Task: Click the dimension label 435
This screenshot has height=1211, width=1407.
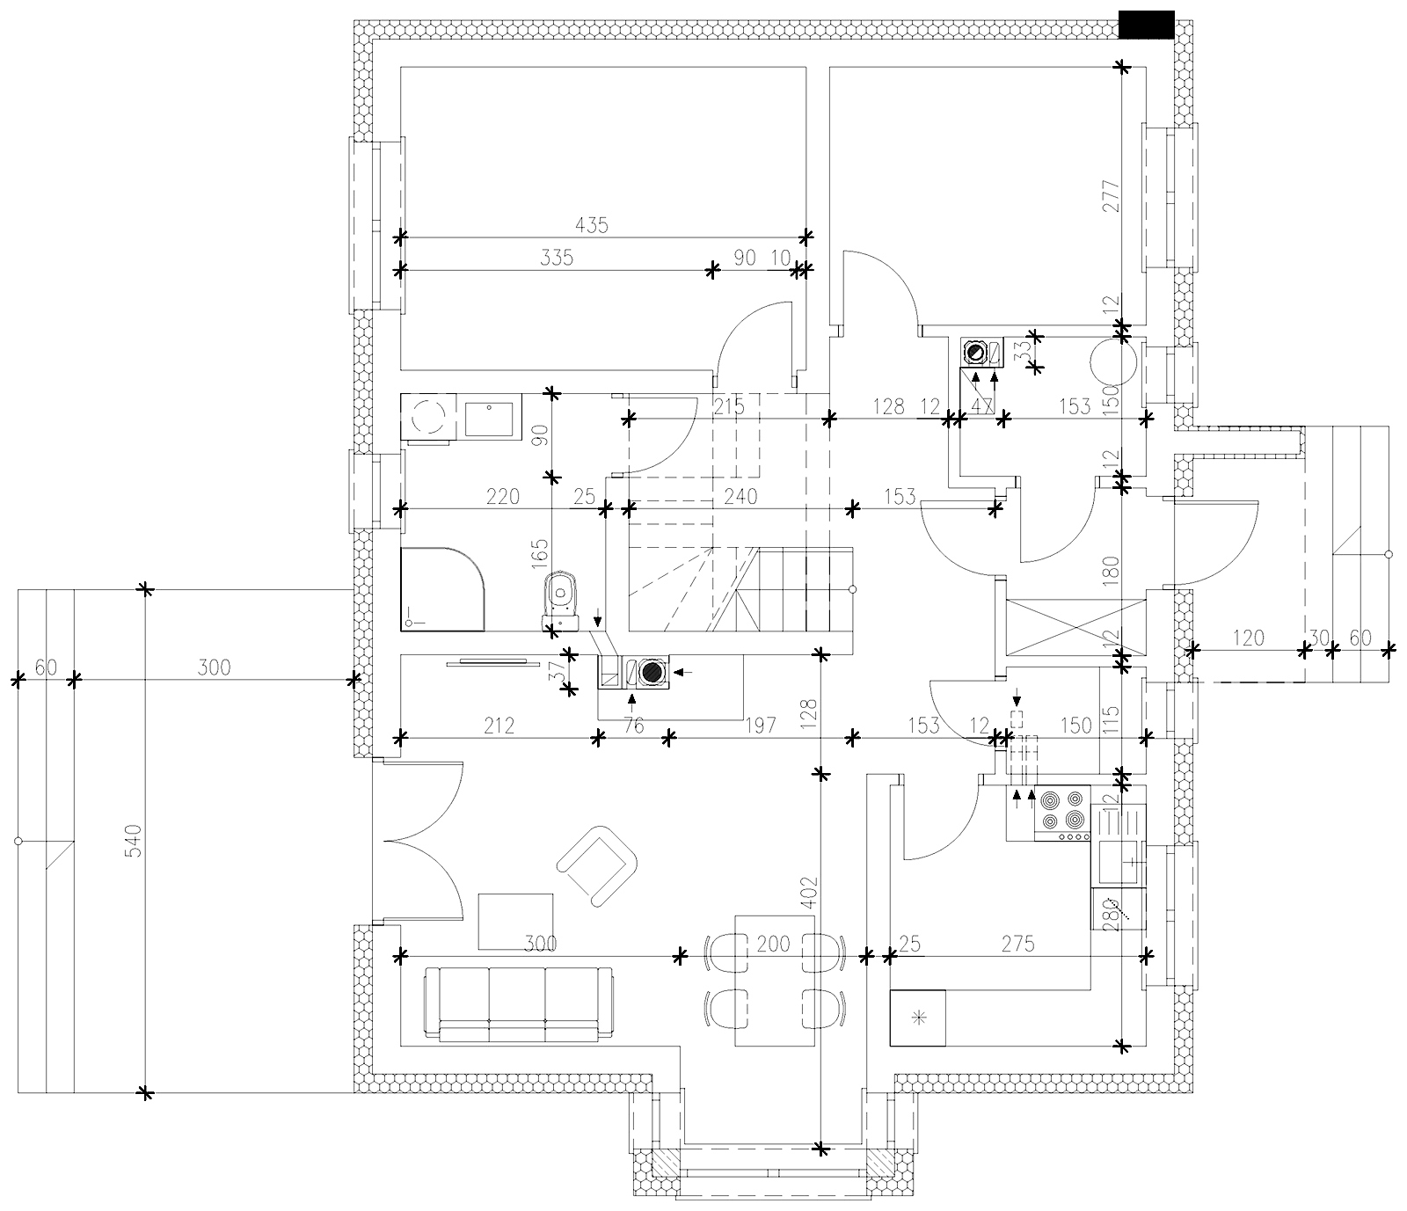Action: pos(592,225)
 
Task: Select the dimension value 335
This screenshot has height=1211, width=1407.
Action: pos(558,258)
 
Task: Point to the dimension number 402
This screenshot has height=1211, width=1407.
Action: pos(810,893)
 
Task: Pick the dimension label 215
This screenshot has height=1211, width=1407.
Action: pos(729,406)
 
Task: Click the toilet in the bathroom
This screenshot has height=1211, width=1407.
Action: pos(560,601)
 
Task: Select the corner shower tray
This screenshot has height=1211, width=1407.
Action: pos(442,588)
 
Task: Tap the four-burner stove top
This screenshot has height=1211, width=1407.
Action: pos(1062,813)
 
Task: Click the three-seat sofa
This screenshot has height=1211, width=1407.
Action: pos(518,1004)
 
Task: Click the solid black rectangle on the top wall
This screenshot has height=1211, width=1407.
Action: pos(1147,25)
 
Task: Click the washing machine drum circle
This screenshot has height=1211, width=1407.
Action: pos(430,416)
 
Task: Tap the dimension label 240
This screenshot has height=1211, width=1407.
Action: pos(740,497)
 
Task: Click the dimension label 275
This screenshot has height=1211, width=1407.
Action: pos(1017,944)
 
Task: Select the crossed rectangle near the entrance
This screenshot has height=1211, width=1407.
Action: pos(1075,628)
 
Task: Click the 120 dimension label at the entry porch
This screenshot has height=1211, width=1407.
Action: pos(1249,638)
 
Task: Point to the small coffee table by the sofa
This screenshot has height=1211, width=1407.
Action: pos(516,921)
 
